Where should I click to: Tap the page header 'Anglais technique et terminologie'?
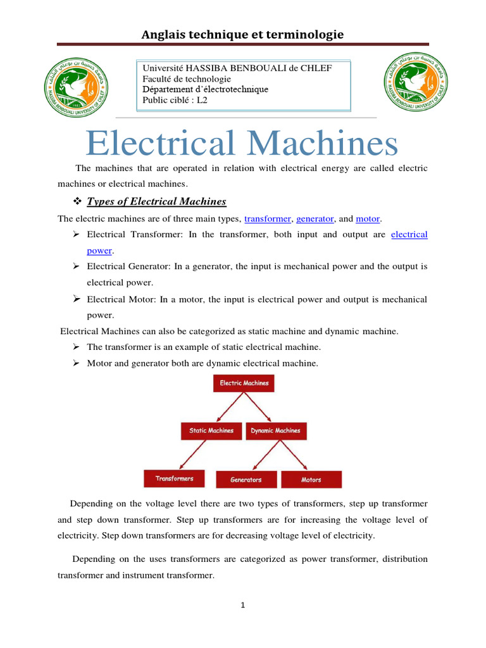242,34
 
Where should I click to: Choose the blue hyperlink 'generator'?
315,218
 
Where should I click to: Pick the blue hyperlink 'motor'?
367,218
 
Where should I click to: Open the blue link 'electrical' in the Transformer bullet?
409,234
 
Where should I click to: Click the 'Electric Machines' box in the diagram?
244,383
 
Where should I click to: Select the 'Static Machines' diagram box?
211,431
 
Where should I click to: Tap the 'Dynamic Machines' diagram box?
275,431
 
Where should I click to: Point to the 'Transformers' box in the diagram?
175,478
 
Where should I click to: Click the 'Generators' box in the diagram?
246,480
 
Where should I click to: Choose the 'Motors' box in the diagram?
311,480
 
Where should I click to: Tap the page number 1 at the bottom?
242,605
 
